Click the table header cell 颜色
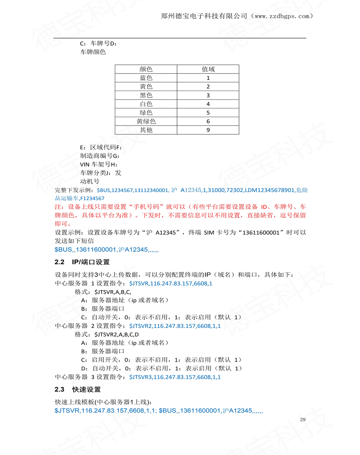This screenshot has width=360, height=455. coord(146,69)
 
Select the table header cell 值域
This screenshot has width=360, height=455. coord(208,69)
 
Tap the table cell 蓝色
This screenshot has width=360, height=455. coord(146,78)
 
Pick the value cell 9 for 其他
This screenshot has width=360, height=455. coord(208,130)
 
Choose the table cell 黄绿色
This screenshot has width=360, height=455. coord(146,121)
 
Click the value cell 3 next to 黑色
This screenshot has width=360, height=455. coord(208,95)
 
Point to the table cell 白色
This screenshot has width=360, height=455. coord(146,104)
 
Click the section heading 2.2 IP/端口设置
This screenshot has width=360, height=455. coord(82,262)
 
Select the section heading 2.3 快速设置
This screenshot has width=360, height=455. coord(78,389)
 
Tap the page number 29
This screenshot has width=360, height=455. coord(302,419)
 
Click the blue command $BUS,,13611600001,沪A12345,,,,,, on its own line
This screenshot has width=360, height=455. coord(106,250)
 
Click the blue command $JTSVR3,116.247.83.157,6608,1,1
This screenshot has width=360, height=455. coord(175,377)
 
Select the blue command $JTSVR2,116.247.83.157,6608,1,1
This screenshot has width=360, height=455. coord(175,326)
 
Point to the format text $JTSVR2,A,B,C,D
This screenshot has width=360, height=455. coord(117,334)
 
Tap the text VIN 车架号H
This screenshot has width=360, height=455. coord(99,164)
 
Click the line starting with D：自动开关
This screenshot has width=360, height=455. coord(161,369)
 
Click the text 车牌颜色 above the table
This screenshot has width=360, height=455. coord(93,52)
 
